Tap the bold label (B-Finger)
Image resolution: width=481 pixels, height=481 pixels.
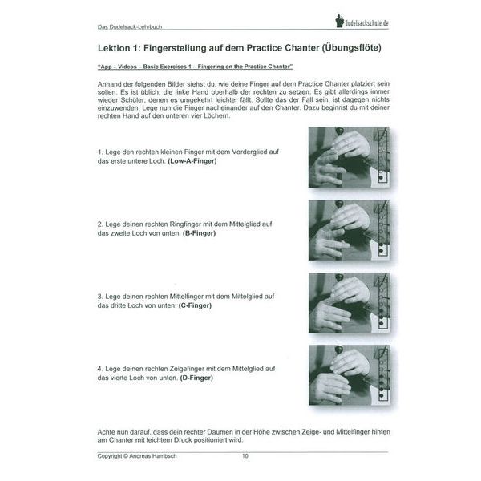(200, 233)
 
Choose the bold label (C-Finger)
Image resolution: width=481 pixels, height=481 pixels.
(200, 305)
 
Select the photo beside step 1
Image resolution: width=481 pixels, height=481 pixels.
(354, 157)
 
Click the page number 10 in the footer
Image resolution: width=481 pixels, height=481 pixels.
(245, 456)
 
